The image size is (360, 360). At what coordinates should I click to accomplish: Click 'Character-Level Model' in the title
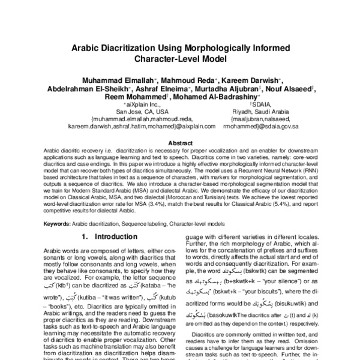[x=180, y=61]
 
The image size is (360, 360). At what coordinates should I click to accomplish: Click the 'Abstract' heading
[x=180, y=143]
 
